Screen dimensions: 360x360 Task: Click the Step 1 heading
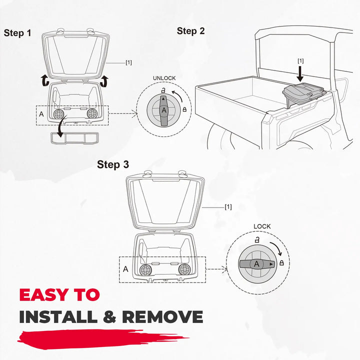[x=17, y=33]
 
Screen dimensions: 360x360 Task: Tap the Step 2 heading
[x=190, y=31]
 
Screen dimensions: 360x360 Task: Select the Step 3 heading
[x=113, y=164]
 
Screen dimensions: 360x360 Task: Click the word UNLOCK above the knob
[x=164, y=78]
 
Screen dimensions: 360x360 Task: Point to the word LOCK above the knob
[x=262, y=226]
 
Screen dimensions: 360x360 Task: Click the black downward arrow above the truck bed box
[x=300, y=73]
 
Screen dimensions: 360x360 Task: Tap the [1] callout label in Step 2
[x=300, y=61]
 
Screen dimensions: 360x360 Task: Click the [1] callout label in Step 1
[x=128, y=62]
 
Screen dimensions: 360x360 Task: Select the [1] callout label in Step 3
[x=228, y=207]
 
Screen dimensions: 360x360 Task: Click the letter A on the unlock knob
[x=164, y=110]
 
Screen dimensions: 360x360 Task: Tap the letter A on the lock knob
[x=256, y=264]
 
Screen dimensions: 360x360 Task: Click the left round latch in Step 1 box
[x=58, y=113]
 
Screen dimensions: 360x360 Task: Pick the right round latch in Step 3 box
[x=184, y=269]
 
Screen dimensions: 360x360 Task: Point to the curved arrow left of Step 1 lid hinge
[x=45, y=80]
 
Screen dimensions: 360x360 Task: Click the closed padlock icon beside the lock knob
[x=281, y=262]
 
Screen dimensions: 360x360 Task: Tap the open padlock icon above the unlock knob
[x=163, y=90]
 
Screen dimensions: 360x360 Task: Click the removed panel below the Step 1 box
[x=74, y=138]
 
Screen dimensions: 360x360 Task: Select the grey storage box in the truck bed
[x=304, y=94]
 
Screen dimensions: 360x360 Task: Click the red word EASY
[x=43, y=295]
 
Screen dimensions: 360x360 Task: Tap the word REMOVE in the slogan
[x=162, y=317]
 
